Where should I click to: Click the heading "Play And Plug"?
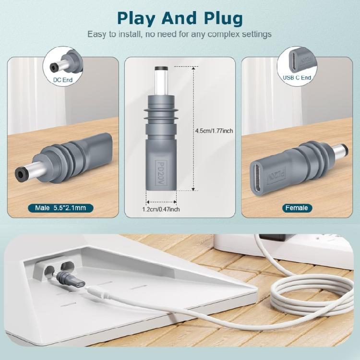180,18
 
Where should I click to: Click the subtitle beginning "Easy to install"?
180,35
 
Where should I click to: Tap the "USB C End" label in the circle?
297,77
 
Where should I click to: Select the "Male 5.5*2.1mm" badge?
60,208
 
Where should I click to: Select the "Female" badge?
296,208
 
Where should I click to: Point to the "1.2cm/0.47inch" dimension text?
161,209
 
